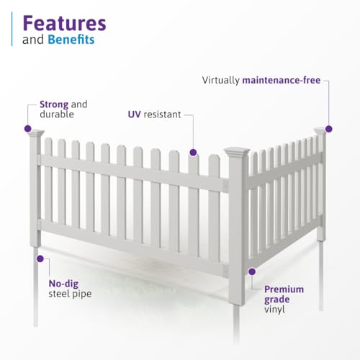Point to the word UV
point(132,114)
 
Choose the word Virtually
point(222,80)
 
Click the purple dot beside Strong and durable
point(28,129)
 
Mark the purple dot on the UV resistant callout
point(193,152)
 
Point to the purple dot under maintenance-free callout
point(328,129)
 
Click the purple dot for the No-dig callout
point(39,257)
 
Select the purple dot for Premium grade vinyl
point(252,271)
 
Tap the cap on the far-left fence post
point(35,133)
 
